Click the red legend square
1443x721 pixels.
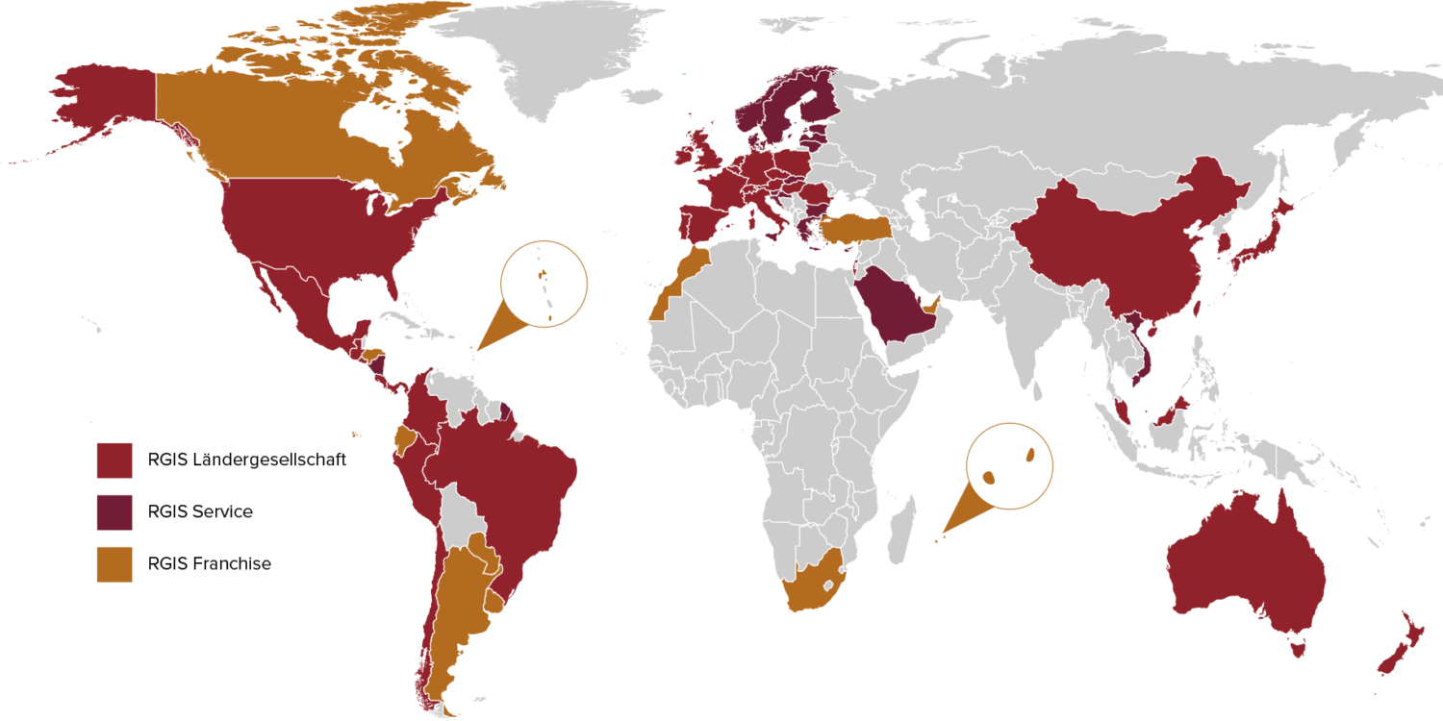click(x=114, y=460)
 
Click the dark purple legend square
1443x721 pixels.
click(x=114, y=512)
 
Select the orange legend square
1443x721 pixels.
click(x=114, y=564)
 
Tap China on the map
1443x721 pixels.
click(x=1116, y=250)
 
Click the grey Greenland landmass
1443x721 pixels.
click(x=548, y=48)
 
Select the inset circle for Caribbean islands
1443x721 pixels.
click(x=544, y=284)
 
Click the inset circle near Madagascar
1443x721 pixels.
click(x=1009, y=465)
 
